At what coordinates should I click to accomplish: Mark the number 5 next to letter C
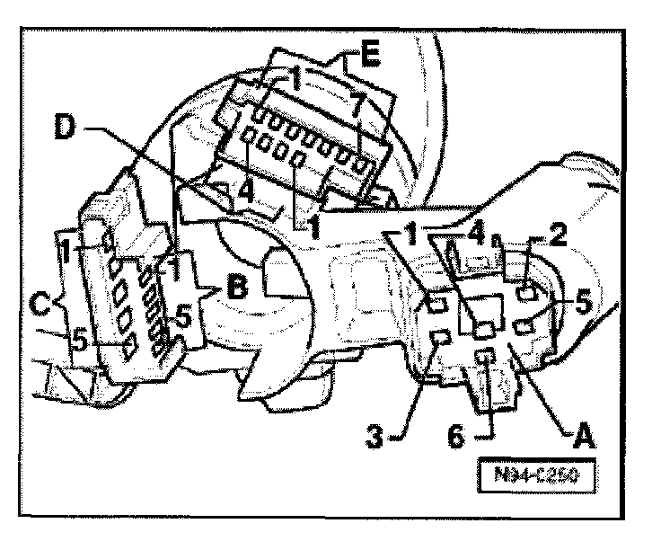80,341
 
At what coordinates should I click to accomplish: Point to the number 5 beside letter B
183,316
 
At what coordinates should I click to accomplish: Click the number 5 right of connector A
581,305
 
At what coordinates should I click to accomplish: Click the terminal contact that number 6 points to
486,359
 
